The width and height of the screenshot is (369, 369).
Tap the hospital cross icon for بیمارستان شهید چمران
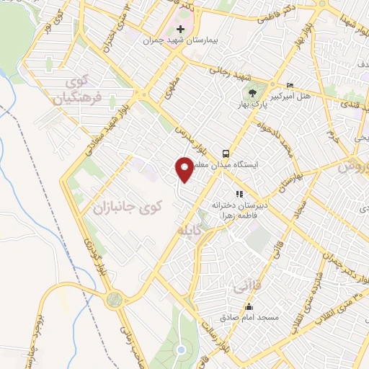(x=180, y=30)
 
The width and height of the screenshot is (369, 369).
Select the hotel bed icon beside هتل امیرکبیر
(x=290, y=84)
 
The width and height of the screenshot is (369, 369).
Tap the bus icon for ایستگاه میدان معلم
(x=226, y=154)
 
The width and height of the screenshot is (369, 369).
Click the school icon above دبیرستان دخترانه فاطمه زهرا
(x=239, y=194)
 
